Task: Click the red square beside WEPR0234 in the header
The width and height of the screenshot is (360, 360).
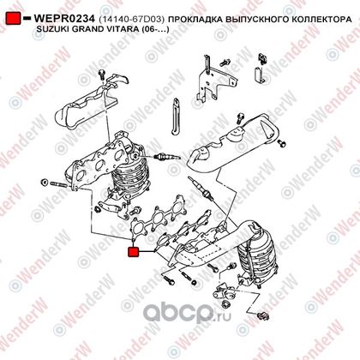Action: (x=13, y=18)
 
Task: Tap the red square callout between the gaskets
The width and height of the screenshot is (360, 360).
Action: (x=133, y=252)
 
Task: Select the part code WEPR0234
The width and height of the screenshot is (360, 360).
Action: (x=64, y=19)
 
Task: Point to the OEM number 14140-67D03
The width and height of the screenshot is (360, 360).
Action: (x=132, y=20)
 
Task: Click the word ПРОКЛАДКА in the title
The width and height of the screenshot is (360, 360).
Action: (x=195, y=20)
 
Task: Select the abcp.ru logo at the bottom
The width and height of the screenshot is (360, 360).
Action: (x=187, y=313)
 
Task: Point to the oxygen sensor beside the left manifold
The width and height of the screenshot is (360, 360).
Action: (x=167, y=157)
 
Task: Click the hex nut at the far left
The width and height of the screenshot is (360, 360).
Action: (x=45, y=182)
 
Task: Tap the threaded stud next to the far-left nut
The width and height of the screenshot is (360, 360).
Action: (x=60, y=184)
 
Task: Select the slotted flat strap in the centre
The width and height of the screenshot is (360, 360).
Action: (x=175, y=117)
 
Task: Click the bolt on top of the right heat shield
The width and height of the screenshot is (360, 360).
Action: (x=241, y=118)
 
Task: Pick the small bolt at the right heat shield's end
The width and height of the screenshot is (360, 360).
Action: (x=282, y=144)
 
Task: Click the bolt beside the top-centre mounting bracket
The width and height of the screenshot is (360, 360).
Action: (x=225, y=63)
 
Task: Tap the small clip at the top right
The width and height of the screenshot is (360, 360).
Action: (x=262, y=58)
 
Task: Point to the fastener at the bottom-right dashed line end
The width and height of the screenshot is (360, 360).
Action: (x=263, y=316)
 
